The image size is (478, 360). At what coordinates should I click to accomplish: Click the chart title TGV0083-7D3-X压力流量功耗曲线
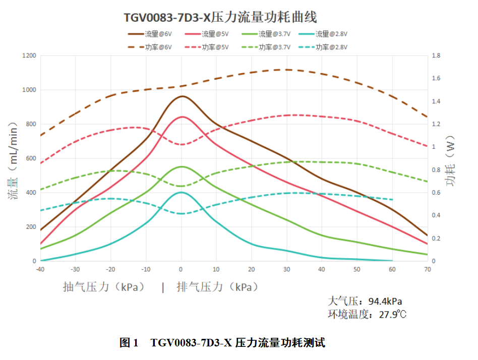coord(220,17)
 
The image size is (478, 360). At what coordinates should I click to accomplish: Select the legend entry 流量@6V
coord(150,34)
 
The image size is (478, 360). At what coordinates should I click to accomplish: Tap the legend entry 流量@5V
coord(207,34)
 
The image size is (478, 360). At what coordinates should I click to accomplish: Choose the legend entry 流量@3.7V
coord(266,34)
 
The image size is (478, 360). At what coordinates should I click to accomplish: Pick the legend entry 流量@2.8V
coord(323,34)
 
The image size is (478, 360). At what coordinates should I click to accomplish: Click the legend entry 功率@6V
coord(150,47)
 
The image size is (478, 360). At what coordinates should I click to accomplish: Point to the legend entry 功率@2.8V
coord(323,47)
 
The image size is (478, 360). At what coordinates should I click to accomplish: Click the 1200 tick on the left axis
coord(29,55)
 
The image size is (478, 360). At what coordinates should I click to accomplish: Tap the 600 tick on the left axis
coord(31,158)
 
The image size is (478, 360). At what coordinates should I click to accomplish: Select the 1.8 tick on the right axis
coord(436,55)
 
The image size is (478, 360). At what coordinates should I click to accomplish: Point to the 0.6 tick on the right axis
coord(436,192)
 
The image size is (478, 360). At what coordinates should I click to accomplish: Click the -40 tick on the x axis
coord(40,269)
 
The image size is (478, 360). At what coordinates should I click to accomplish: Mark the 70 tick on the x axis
coord(428,269)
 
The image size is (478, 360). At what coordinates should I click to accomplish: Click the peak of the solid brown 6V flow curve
coord(182,96)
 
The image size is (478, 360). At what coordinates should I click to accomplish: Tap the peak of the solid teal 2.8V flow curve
coord(182,192)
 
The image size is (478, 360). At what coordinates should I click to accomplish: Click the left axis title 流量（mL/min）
coord(13,161)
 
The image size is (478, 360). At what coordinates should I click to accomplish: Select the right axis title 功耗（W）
coord(450,161)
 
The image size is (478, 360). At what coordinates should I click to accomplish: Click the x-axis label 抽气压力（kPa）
coord(104,287)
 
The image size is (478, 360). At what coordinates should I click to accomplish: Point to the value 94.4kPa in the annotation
coord(385,302)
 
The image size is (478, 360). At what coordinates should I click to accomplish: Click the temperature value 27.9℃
coord(393,314)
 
